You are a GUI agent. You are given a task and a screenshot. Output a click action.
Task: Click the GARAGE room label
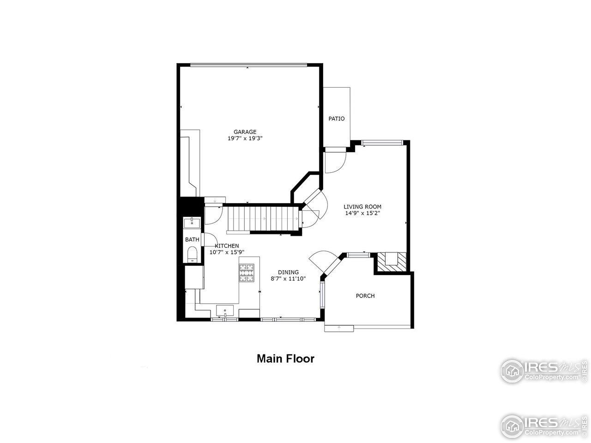(245, 132)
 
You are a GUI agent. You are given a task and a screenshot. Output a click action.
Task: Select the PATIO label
(336, 119)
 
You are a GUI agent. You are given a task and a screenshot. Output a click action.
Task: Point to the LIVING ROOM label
(362, 207)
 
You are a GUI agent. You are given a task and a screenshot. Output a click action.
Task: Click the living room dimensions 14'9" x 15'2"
(362, 213)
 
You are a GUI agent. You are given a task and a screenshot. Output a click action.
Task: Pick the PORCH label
(365, 296)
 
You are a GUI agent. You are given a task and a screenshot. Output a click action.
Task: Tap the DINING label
(288, 272)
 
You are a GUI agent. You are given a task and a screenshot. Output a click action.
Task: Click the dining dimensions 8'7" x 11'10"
(288, 279)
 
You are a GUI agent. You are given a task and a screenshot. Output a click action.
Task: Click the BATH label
(192, 240)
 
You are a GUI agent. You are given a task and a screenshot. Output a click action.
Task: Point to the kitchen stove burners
(247, 272)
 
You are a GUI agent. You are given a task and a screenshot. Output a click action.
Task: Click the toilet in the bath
(192, 254)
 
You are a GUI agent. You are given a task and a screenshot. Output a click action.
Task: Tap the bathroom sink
(192, 223)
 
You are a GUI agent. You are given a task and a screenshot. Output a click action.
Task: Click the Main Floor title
(285, 359)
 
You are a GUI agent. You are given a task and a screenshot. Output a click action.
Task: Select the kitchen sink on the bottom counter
(225, 311)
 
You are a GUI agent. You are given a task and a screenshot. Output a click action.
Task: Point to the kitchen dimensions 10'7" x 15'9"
(226, 252)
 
